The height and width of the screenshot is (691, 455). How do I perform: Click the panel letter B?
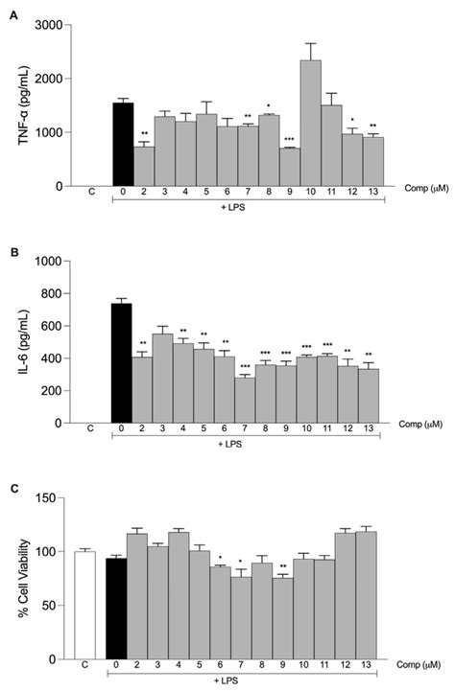[12, 254]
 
